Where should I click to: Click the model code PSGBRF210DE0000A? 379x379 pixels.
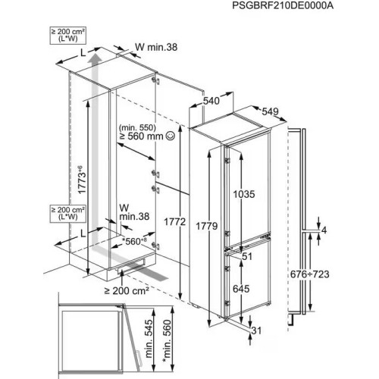point(283,6)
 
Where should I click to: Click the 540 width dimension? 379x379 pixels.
point(211,101)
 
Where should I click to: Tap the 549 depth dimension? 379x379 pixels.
point(270,111)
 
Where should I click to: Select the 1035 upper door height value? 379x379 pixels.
point(244,194)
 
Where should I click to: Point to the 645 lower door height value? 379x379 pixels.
point(241,289)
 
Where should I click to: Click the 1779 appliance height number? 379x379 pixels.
point(207,226)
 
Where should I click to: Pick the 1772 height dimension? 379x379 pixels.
point(175,222)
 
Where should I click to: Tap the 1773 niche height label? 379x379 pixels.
point(81,180)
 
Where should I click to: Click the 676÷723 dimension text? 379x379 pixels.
point(309,274)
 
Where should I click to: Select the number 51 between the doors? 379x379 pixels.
point(247,256)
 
